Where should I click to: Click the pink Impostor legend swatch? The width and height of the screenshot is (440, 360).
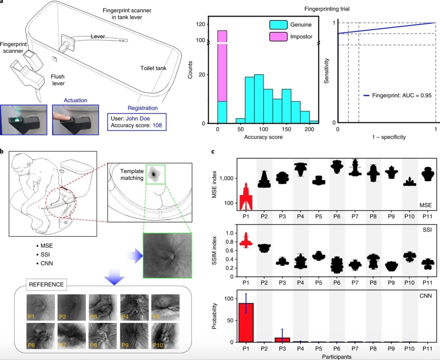[x=278, y=36]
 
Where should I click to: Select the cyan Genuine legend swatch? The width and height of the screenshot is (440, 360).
[x=278, y=25]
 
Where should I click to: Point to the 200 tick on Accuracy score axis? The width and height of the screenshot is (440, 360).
[x=309, y=129]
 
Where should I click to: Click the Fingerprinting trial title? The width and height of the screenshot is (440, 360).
[x=327, y=9]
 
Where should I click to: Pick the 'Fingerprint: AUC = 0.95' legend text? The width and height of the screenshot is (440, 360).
[x=402, y=96]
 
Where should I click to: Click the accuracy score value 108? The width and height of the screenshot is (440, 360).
[x=157, y=125]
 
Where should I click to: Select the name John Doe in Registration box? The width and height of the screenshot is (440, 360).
[x=138, y=118]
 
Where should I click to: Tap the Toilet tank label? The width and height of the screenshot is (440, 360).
[x=153, y=68]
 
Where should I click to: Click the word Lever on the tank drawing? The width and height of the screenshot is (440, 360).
[x=98, y=37]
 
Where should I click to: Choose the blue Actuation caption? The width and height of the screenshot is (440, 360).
[x=75, y=100]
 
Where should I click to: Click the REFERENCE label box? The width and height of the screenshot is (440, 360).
[x=46, y=285]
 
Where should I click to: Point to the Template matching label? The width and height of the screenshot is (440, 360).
[x=132, y=175]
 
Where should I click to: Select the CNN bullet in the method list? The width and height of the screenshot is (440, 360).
[x=46, y=263]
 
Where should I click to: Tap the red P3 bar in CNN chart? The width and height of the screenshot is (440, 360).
[x=282, y=340]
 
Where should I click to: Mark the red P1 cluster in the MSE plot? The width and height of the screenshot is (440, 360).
[x=246, y=198]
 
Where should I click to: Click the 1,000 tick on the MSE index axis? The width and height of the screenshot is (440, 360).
[x=226, y=178]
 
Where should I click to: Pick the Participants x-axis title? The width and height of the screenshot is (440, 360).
[x=337, y=357]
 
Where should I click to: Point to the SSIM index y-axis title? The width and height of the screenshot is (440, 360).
[x=214, y=251]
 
